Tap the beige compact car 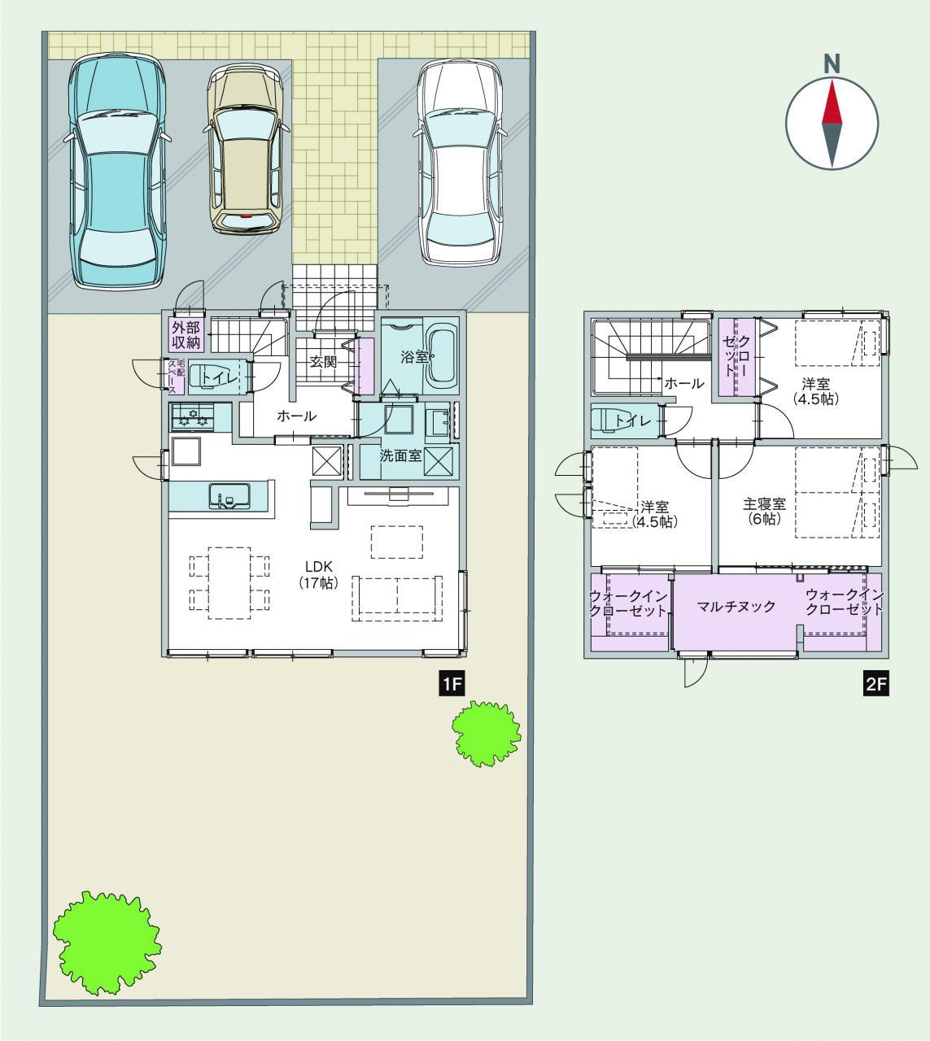click(246, 149)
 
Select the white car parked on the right click(460, 163)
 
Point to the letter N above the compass click(832, 63)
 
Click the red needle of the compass click(832, 102)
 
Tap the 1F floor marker click(452, 685)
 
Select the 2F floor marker click(876, 685)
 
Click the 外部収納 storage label click(186, 334)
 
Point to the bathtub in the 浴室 click(442, 358)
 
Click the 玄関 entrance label click(323, 362)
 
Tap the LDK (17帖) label click(319, 574)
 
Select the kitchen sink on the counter click(229, 496)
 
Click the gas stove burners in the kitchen click(193, 416)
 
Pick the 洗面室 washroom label click(401, 455)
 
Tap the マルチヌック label click(736, 607)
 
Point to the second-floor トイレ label click(633, 421)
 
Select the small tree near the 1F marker click(487, 734)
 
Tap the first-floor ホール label click(297, 416)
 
